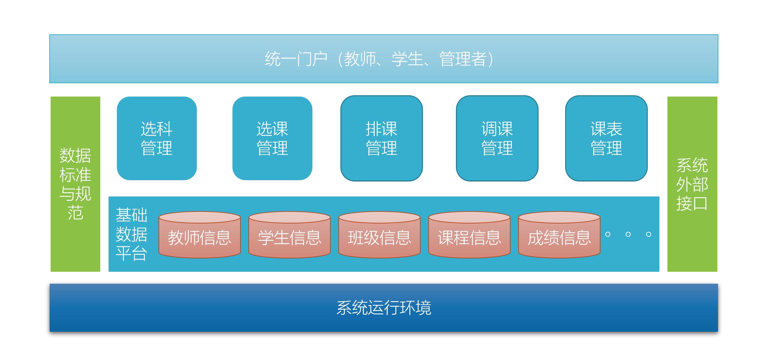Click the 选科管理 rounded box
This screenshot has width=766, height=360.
pos(157,138)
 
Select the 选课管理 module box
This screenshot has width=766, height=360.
pos(272,138)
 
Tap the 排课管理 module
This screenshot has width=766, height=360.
pos(381,138)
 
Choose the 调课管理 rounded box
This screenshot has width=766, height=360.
pos(497,138)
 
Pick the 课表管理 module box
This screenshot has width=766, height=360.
pos(606,138)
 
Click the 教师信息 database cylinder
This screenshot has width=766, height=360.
pos(199,235)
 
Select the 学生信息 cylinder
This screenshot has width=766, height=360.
pos(289,235)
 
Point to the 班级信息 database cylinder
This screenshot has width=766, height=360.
pos(379,235)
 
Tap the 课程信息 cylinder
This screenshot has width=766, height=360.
pos(469,235)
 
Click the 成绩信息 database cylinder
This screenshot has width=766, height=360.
pos(559,235)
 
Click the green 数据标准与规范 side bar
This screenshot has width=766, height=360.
pos(75,184)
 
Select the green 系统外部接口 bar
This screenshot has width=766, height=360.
pos(692,184)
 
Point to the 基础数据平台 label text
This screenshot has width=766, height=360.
pos(131,234)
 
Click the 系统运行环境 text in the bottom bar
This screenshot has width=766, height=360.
pos(384,308)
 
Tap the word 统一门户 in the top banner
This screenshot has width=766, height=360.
pos(296,59)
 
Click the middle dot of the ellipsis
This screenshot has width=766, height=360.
pos(628,234)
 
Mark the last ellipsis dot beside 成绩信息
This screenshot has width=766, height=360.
pos(648,234)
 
